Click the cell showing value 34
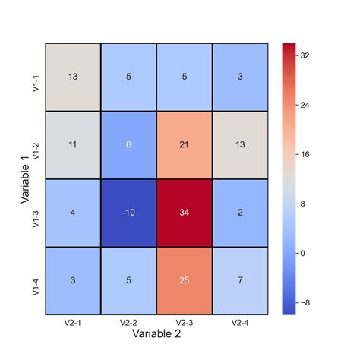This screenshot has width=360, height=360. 184,213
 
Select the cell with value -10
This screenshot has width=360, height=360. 128,213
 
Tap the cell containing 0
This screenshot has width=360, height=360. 128,145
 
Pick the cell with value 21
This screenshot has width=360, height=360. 184,145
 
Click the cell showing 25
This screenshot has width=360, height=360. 184,280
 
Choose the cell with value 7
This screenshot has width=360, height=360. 239,280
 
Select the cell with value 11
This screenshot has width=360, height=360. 73,145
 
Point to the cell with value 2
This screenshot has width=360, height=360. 239,213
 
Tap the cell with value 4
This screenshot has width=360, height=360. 73,213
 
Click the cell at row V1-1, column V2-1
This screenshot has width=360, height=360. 73,77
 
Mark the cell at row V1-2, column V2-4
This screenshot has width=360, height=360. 239,145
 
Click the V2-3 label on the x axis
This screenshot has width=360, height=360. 184,323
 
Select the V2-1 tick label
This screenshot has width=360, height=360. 73,323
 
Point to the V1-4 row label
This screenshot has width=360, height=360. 36,280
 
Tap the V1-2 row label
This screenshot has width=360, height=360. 36,145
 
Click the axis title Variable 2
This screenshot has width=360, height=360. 156,334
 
